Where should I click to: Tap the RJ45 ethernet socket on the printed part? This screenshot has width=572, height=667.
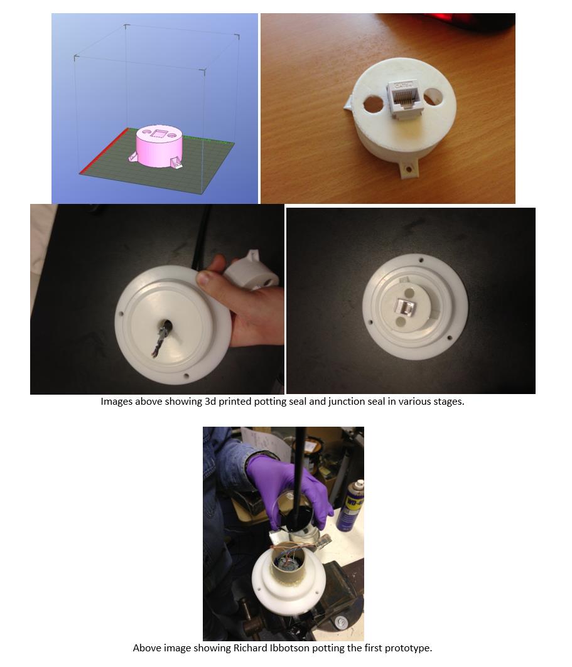point(402,99)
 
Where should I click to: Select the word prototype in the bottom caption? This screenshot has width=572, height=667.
point(407,649)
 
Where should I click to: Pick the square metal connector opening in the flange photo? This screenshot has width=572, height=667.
point(406,306)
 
